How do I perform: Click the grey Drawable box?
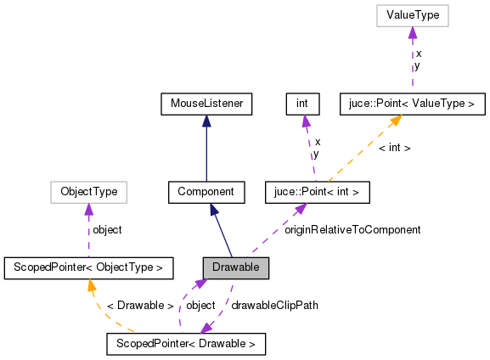click(x=236, y=267)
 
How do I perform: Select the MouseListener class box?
click(x=206, y=104)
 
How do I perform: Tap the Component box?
click(x=206, y=192)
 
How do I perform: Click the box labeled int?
click(x=301, y=104)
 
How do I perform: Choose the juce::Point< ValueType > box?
click(x=412, y=104)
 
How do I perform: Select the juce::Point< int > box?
click(x=317, y=192)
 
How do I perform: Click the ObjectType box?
click(x=89, y=192)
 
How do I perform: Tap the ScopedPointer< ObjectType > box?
click(x=88, y=268)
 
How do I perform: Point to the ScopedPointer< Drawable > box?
click(x=186, y=344)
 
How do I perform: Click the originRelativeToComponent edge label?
click(x=352, y=230)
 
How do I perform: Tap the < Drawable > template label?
click(x=140, y=305)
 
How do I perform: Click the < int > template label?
click(x=394, y=148)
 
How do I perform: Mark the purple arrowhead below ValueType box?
click(x=412, y=32)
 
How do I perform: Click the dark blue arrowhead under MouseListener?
click(x=206, y=121)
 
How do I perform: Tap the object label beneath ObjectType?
click(x=106, y=230)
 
